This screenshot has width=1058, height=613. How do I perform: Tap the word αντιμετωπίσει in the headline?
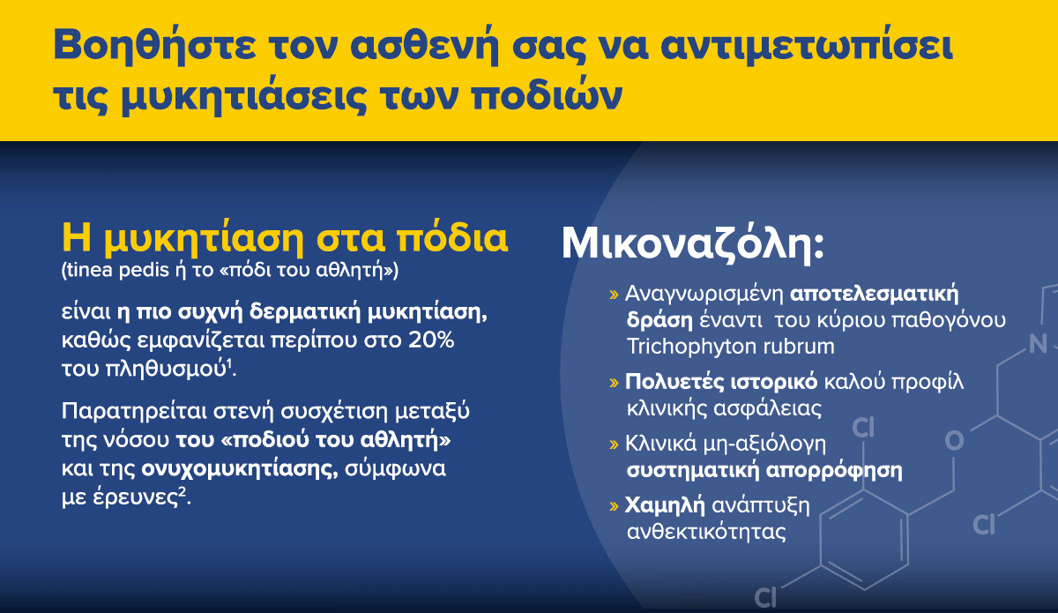[806, 45]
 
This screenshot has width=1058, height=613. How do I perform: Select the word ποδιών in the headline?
[547, 96]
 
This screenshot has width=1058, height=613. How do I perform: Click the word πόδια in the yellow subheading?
[452, 238]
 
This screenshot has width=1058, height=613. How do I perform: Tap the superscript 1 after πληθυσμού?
[229, 363]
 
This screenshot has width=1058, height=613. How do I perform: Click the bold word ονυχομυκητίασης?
[240, 469]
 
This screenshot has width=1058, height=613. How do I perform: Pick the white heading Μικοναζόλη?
[692, 243]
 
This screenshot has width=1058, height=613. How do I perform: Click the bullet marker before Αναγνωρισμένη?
[614, 295]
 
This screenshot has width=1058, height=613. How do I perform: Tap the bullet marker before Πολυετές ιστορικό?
[614, 383]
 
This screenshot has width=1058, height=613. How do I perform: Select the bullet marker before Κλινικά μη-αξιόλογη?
[614, 445]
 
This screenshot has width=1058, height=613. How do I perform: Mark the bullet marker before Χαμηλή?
[614, 506]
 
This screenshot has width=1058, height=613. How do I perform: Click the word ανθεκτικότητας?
[706, 532]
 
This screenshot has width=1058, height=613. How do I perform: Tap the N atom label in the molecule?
[1039, 344]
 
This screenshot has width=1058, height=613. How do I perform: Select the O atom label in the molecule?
[954, 441]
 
